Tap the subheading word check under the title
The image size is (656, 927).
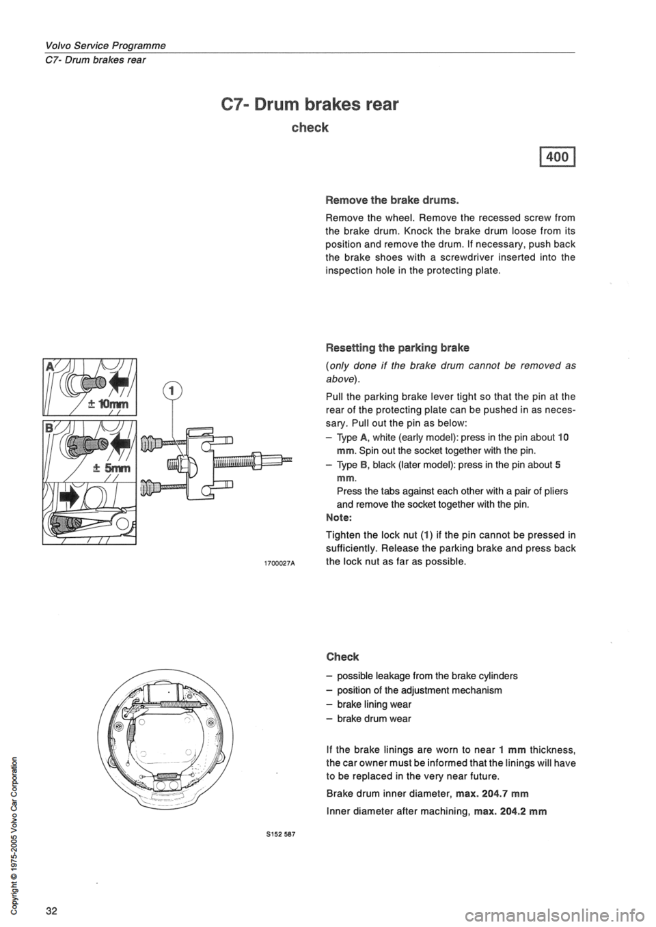(x=310, y=128)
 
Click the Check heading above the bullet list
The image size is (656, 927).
(x=342, y=656)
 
